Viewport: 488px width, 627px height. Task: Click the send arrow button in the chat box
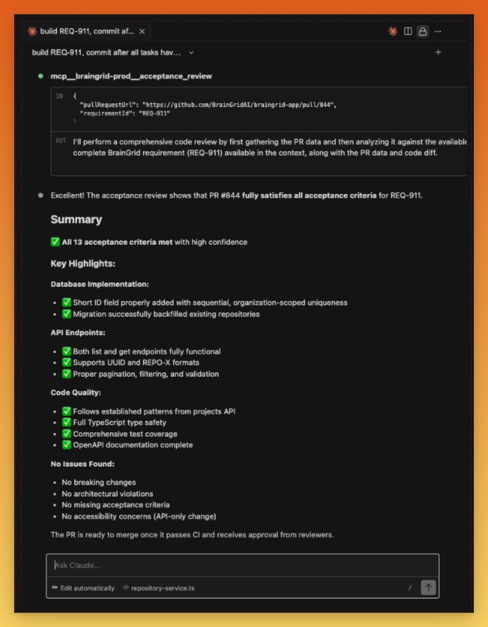[428, 587]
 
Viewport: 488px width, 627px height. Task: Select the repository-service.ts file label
[162, 588]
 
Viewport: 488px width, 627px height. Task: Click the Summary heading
[76, 219]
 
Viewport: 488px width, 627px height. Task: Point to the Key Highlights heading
[83, 263]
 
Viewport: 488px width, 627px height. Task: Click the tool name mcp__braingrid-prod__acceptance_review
[131, 76]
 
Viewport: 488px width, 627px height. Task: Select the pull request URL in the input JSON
[238, 104]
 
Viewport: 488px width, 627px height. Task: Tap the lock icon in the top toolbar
[423, 31]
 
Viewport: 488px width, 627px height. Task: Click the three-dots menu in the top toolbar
[438, 31]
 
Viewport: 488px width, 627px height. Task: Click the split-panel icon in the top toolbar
[408, 31]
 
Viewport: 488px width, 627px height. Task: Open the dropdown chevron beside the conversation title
[191, 52]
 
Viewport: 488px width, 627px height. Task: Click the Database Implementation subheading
[100, 284]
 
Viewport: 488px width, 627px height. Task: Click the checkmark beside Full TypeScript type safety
[66, 422]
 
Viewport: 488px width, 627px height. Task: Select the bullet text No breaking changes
[99, 482]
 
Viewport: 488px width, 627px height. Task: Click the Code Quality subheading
[76, 392]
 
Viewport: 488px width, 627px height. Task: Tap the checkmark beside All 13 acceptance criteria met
[55, 242]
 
